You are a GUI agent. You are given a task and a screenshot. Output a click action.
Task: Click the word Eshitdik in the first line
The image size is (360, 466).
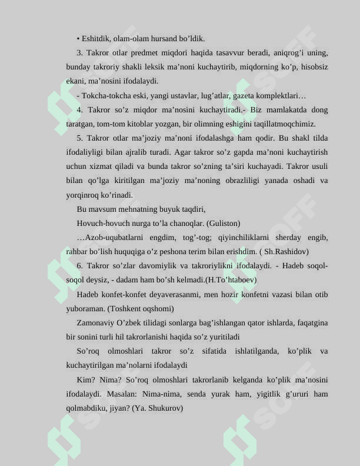[95, 39]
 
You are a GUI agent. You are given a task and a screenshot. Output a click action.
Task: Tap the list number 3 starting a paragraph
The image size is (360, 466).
[79, 53]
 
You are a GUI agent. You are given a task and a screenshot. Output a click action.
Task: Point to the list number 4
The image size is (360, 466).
[79, 110]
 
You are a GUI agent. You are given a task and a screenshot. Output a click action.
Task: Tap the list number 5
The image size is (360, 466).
[79, 138]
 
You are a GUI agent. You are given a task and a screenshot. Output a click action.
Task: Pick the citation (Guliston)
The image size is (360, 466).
[223, 224]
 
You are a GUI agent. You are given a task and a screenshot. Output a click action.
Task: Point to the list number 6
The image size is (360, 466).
[79, 266]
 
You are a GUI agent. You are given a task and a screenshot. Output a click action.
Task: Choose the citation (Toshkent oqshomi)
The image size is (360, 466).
[141, 308]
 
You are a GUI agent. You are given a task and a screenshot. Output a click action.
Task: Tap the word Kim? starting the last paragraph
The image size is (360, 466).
[85, 380]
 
